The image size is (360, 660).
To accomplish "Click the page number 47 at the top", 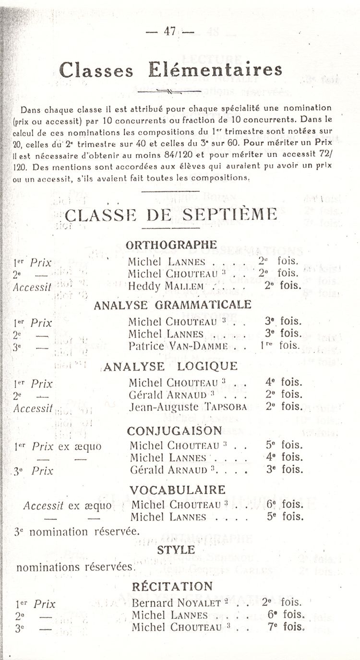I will (x=169, y=32).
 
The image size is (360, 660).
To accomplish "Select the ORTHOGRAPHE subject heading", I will (x=171, y=245).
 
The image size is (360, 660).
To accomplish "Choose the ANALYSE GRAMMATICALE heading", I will (x=173, y=305).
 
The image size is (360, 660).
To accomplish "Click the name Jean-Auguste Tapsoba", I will (x=188, y=407).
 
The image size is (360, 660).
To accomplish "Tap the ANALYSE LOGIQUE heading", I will (x=170, y=366).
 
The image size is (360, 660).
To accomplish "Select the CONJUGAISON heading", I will (x=175, y=431).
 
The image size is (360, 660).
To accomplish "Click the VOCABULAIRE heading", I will (x=178, y=490).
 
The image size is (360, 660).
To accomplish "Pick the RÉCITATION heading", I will (x=172, y=586).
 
